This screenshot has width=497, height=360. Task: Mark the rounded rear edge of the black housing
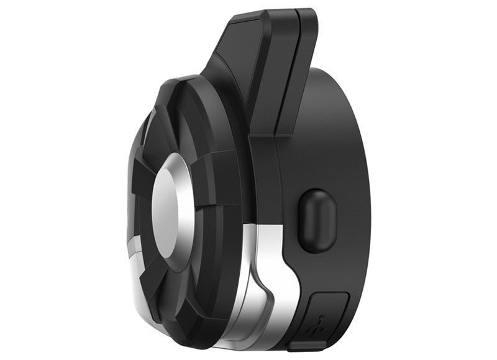[367, 186]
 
